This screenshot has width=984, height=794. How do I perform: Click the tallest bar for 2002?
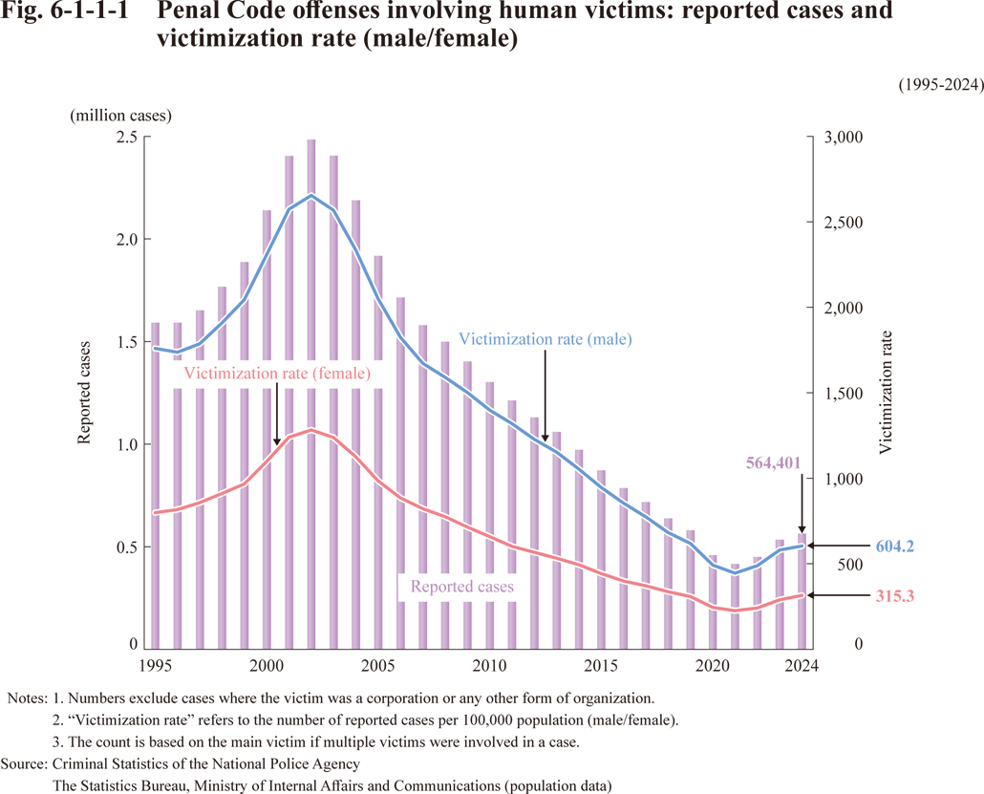(x=310, y=382)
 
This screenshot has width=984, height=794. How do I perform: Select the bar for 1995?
(x=156, y=478)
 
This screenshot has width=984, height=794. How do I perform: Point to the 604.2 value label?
(x=894, y=547)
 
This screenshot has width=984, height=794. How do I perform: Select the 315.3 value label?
(x=894, y=596)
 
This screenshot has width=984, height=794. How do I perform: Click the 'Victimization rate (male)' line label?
(x=545, y=339)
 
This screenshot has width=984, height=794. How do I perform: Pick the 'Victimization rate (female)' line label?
(x=276, y=374)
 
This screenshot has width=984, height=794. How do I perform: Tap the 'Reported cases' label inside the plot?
(x=461, y=587)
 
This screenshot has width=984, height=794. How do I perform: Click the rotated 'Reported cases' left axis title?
(x=84, y=392)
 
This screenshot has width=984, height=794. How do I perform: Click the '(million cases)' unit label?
(x=120, y=116)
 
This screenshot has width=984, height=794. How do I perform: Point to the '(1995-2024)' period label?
(x=941, y=85)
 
